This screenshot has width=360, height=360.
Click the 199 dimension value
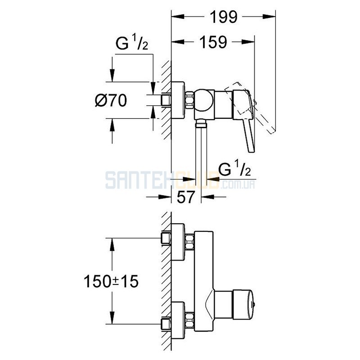click(x=223, y=17)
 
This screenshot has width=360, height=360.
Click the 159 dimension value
click(x=213, y=42)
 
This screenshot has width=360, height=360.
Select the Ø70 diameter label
click(x=111, y=100)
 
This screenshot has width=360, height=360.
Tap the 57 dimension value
click(x=186, y=197)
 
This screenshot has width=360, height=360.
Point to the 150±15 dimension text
click(x=111, y=282)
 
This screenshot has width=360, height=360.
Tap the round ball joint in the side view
click(x=204, y=100)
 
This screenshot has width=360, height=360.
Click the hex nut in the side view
click(x=189, y=100)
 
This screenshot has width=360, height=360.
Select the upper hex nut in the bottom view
click(x=189, y=242)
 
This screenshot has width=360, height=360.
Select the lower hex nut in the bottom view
click(x=189, y=320)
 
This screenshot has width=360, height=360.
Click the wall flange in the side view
click(x=178, y=100)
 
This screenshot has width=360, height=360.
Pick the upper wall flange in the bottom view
click(x=178, y=242)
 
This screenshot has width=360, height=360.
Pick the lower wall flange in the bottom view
click(x=178, y=320)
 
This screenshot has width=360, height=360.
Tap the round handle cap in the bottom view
click(x=243, y=305)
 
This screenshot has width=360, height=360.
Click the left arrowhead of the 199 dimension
click(x=178, y=17)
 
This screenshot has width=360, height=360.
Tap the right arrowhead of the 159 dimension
click(x=248, y=42)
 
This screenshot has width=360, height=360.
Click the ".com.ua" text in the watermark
click(x=237, y=184)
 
